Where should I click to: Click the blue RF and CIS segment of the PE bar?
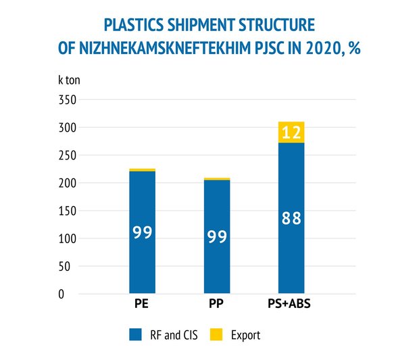coord(142,203)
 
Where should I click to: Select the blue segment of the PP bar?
coord(217,209)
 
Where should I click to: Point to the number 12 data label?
coord(291,132)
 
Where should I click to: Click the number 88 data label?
coord(291,219)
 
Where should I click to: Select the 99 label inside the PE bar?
coord(142,232)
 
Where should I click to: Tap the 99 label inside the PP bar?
coord(217,237)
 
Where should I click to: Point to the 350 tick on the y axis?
coord(67,100)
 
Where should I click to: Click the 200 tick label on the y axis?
coord(67,183)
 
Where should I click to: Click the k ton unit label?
coord(70,79)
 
